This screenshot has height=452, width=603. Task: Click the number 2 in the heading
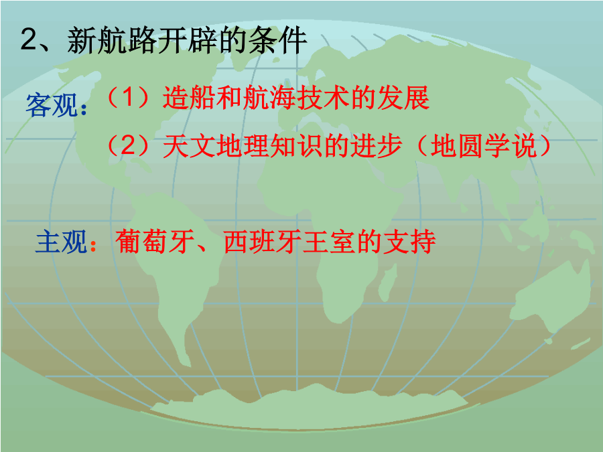point(29,40)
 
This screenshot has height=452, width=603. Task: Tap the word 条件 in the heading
point(278,40)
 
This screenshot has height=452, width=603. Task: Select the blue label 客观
point(52,105)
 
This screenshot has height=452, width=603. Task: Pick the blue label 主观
point(61,242)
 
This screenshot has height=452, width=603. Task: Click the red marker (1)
point(128,98)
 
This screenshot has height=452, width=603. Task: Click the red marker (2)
point(128,146)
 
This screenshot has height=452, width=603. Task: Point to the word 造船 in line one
point(189,98)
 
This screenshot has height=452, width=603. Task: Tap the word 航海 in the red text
point(269,98)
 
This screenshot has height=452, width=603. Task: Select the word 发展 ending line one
point(403,98)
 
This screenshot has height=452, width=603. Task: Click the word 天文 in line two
point(189,146)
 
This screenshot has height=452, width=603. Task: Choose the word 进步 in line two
point(376,146)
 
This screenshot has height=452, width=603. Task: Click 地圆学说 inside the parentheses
point(482,146)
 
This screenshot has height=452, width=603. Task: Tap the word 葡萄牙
point(155,242)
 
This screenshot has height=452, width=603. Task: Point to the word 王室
point(329,242)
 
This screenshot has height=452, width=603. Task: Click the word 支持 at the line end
point(409,242)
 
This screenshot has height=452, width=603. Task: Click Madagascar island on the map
point(387,282)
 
